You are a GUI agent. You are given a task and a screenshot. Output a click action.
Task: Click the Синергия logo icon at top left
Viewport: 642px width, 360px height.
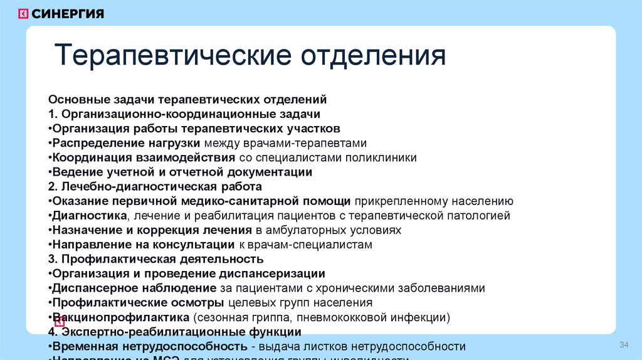tap(23, 14)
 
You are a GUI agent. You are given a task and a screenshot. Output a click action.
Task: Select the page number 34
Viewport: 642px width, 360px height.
tap(623, 346)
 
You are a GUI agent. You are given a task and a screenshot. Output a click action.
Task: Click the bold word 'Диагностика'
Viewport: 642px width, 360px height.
tap(90, 216)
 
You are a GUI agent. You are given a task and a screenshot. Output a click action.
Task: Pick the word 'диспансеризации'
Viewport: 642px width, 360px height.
tap(272, 273)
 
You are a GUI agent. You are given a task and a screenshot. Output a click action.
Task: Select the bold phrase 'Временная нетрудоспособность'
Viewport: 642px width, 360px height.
tap(149, 346)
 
